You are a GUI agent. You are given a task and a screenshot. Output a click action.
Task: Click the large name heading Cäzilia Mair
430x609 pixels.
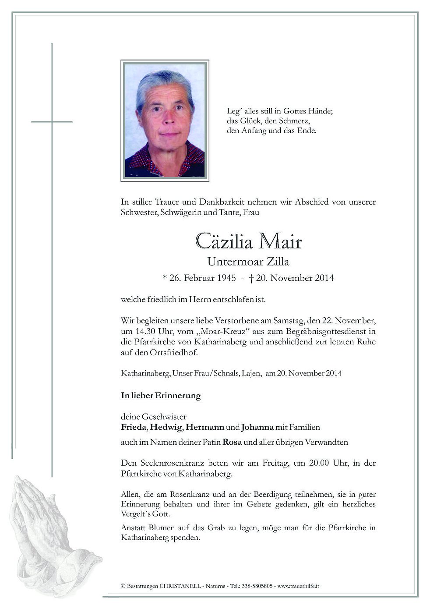click(248, 241)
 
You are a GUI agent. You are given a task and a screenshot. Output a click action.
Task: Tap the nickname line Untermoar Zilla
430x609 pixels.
click(248, 262)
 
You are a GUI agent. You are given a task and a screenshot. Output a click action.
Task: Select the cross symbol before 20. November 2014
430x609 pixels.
click(251, 278)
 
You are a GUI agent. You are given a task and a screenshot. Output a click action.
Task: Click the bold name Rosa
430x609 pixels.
click(232, 442)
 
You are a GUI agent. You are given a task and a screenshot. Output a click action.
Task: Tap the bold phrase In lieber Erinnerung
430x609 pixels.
click(161, 396)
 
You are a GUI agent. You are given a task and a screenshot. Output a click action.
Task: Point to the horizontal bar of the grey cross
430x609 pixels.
click(52, 121)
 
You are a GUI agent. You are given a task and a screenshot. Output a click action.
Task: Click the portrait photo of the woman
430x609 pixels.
click(165, 120)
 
